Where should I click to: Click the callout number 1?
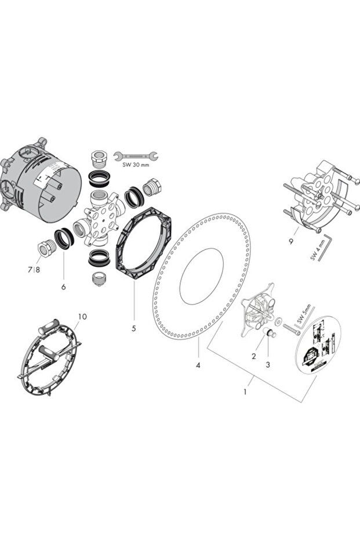(245, 392)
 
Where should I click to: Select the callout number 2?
(253, 356)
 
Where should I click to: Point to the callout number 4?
(198, 365)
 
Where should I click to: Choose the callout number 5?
(133, 328)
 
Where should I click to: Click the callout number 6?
(63, 287)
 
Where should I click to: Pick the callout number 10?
(82, 317)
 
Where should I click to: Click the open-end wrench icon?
(136, 155)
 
